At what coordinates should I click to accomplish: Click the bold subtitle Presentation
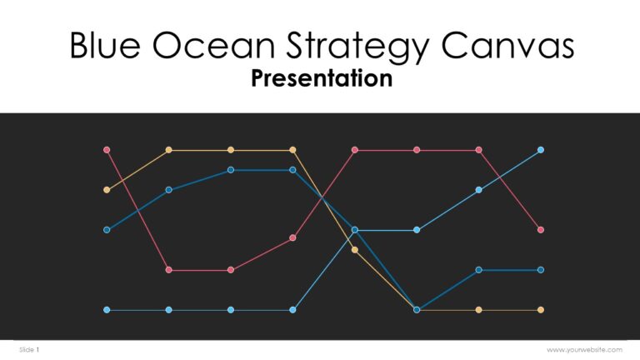pyautogui.click(x=321, y=78)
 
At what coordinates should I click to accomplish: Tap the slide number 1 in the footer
pyautogui.click(x=37, y=350)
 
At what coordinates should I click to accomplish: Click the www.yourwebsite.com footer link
pyautogui.click(x=584, y=350)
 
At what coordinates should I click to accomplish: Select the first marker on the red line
pyautogui.click(x=107, y=150)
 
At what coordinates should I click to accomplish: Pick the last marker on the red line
pyautogui.click(x=541, y=230)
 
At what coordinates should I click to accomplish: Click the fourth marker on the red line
pyautogui.click(x=292, y=237)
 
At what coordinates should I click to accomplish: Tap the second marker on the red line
pyautogui.click(x=169, y=270)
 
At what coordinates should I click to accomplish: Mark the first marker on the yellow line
pyautogui.click(x=107, y=190)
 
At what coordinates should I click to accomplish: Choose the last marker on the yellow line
pyautogui.click(x=541, y=310)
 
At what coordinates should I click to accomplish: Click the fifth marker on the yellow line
pyautogui.click(x=355, y=250)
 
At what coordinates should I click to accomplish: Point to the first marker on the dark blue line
pyautogui.click(x=107, y=230)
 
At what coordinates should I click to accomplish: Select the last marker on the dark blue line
pyautogui.click(x=541, y=270)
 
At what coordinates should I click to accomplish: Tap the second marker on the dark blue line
pyautogui.click(x=169, y=190)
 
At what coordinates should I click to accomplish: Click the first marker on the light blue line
pyautogui.click(x=107, y=310)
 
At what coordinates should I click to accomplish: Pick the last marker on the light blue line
pyautogui.click(x=541, y=150)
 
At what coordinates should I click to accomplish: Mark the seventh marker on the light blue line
pyautogui.click(x=479, y=190)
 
